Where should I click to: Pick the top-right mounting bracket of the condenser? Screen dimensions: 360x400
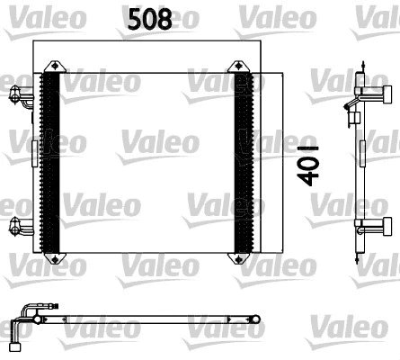coord(240,67)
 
